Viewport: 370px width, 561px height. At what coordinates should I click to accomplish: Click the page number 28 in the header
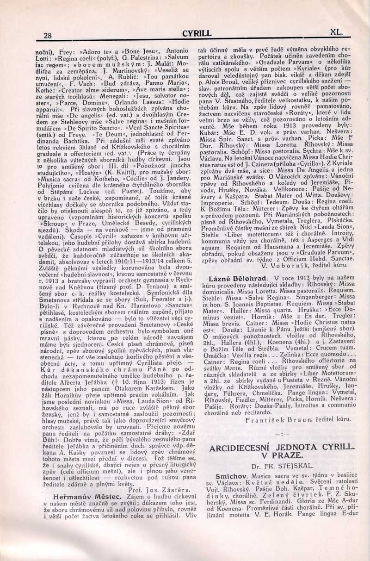click(47, 35)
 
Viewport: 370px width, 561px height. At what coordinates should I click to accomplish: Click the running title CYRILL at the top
click(197, 33)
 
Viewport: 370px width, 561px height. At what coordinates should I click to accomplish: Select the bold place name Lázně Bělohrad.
click(240, 278)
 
